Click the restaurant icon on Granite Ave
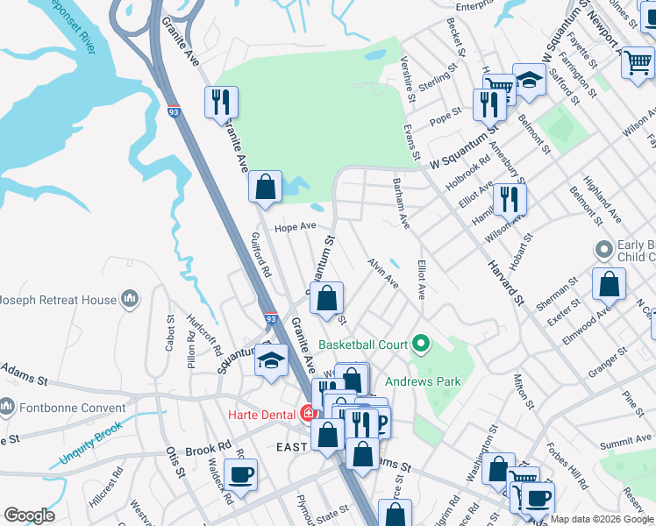221,102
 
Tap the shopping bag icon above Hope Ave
265,186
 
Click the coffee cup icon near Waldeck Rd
240,474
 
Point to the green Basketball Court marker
421,345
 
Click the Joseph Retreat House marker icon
131,300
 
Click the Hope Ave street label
295,226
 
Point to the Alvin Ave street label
383,273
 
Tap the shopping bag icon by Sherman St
608,284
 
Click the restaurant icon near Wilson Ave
510,199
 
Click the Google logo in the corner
30,515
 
